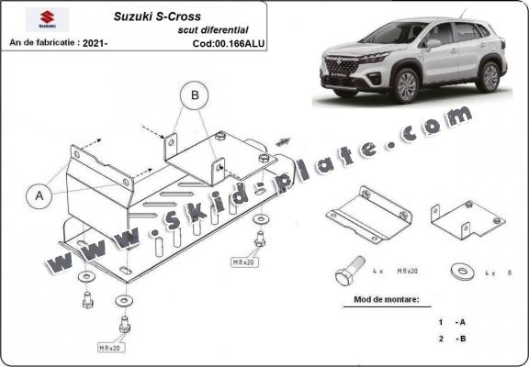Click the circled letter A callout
pyautogui.click(x=39, y=195)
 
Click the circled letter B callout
pyautogui.click(x=194, y=94)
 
